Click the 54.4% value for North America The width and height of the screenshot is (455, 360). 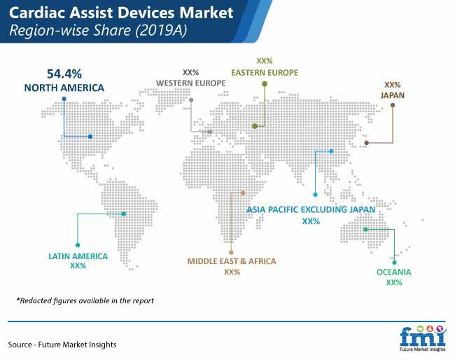(64, 74)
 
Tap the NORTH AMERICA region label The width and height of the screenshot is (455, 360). (64, 88)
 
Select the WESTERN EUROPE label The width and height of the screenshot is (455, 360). (191, 83)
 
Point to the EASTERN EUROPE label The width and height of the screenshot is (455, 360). (265, 73)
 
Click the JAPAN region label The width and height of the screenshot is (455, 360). (393, 95)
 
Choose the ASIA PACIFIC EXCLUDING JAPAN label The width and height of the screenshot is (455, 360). (311, 209)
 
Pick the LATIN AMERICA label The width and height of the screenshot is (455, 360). (78, 256)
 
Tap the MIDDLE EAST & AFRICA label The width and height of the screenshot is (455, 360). (232, 261)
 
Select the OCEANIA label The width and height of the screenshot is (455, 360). (394, 272)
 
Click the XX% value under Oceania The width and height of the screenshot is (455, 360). (394, 282)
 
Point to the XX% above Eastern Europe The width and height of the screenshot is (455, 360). (265, 61)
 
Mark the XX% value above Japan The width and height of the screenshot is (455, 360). (393, 85)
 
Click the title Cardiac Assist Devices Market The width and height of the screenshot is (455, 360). (121, 13)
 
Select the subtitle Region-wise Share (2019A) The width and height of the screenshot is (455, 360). (98, 31)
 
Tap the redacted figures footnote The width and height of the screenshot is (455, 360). (85, 300)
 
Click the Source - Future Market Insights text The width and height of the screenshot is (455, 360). (62, 345)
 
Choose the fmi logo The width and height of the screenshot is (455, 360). (423, 338)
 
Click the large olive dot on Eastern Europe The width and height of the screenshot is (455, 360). (255, 126)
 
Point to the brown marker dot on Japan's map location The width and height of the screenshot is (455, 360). (367, 143)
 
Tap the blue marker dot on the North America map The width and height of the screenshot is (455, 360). (90, 137)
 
